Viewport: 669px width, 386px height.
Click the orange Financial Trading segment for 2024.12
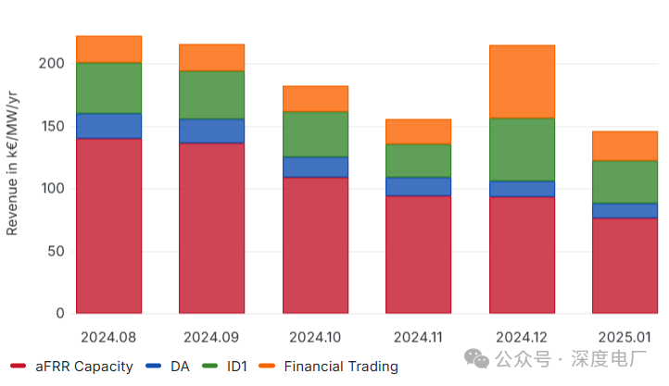(x=522, y=81)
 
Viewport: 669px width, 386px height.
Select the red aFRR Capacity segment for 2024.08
(x=108, y=225)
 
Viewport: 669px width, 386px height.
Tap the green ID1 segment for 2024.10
(x=315, y=134)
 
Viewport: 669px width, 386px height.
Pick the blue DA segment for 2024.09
(x=211, y=131)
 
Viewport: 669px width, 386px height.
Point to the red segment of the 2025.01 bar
(x=625, y=265)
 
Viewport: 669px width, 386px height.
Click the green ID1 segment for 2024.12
(x=522, y=149)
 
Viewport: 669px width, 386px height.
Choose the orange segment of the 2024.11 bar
(x=418, y=131)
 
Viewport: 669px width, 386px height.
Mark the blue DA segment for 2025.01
(x=625, y=210)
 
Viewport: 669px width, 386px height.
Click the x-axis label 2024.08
(x=108, y=336)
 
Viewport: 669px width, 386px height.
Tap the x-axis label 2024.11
(x=418, y=336)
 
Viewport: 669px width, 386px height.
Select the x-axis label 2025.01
(x=625, y=336)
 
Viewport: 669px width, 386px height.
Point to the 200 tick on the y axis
(x=52, y=64)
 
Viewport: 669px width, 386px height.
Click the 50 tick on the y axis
(x=56, y=251)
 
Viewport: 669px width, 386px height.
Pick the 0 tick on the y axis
(x=59, y=314)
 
